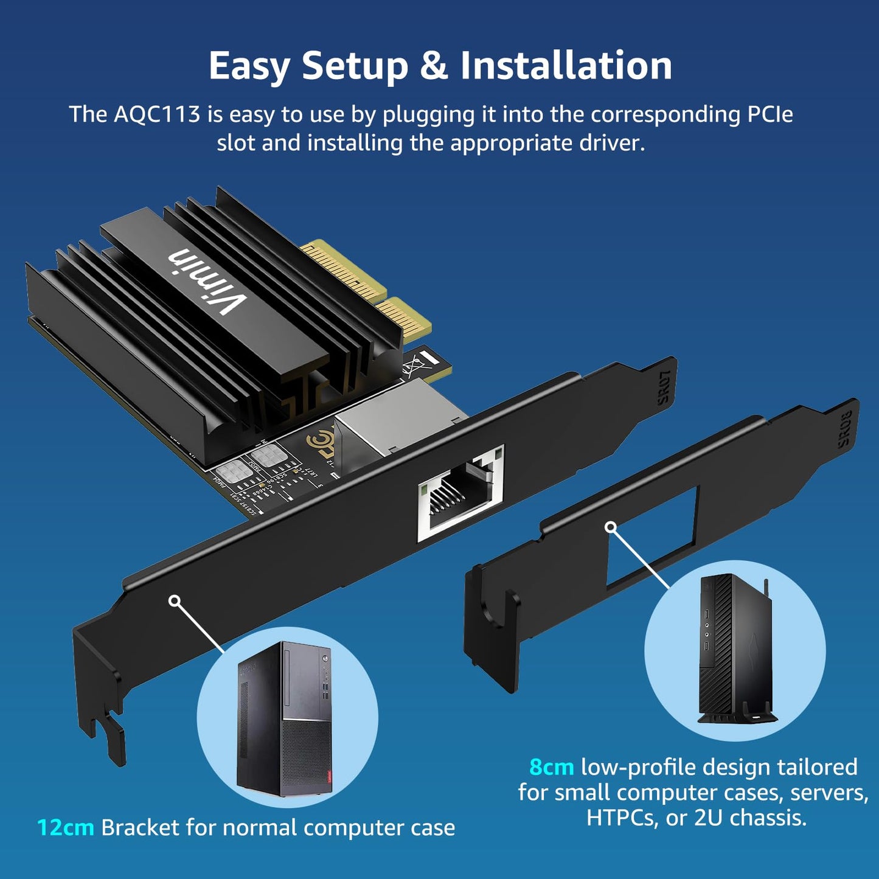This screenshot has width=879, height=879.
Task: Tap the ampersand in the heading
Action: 433,66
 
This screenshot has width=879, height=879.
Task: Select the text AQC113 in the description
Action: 157,114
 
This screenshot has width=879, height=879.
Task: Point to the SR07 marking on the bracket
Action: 664,387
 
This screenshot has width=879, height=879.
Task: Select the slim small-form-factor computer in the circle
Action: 734,650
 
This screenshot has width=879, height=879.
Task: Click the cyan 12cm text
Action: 65,828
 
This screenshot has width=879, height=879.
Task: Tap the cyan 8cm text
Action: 551,767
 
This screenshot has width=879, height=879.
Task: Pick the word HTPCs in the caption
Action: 622,818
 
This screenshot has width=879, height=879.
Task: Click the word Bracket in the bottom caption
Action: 140,828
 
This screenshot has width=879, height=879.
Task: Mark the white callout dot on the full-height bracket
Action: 175,601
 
